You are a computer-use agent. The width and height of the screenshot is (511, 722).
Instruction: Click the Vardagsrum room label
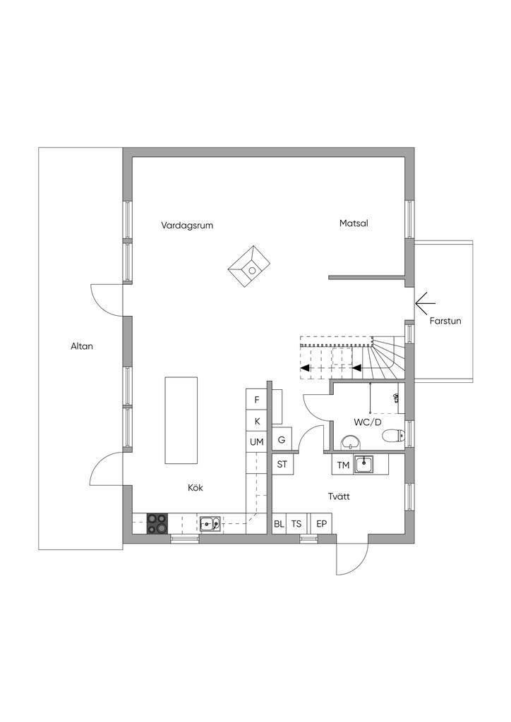point(187,226)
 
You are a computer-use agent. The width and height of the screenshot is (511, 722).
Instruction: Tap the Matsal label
point(354,223)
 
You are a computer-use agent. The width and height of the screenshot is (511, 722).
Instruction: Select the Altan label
point(82,346)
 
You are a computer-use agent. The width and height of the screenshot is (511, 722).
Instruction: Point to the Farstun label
point(445,321)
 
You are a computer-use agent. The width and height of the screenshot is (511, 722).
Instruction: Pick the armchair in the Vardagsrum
point(250,267)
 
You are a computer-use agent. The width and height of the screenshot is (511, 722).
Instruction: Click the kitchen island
point(181,420)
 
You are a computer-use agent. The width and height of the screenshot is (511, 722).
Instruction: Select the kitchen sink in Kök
point(209,523)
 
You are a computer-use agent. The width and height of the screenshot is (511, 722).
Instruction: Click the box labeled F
point(257,400)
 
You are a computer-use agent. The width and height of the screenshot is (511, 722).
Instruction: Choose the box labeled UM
point(257,442)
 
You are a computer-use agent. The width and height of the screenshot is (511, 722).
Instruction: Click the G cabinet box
point(282,440)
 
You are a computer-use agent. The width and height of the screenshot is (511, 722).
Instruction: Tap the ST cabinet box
point(282,464)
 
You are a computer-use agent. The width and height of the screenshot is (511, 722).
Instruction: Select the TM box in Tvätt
point(343,465)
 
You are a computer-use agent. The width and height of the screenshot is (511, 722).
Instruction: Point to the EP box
point(321,524)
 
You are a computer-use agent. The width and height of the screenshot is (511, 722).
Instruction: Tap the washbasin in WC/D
point(351,443)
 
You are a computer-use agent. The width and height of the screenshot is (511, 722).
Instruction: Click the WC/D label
point(367,422)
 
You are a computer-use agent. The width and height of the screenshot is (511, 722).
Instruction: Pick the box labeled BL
point(279,524)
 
